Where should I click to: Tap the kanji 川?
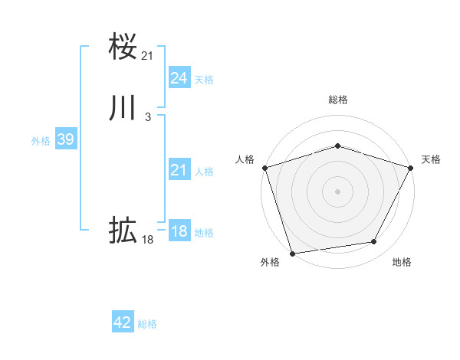tap(123, 108)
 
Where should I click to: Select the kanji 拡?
tap(123, 230)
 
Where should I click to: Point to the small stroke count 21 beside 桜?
tap(148, 55)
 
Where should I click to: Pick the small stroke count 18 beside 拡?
tap(148, 240)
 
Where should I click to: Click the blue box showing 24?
tap(179, 78)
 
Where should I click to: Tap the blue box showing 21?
tap(179, 171)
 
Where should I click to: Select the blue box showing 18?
tap(179, 232)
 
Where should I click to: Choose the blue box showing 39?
tap(65, 140)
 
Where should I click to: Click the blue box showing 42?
tap(123, 323)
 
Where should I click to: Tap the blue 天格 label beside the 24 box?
tap(204, 79)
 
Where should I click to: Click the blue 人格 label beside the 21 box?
tap(204, 172)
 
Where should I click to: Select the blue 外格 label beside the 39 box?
tap(41, 141)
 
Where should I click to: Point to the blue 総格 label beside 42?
tap(147, 324)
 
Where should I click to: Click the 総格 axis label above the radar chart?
tap(337, 100)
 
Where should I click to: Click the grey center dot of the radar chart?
tap(337, 191)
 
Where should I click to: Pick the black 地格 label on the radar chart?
tap(402, 263)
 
